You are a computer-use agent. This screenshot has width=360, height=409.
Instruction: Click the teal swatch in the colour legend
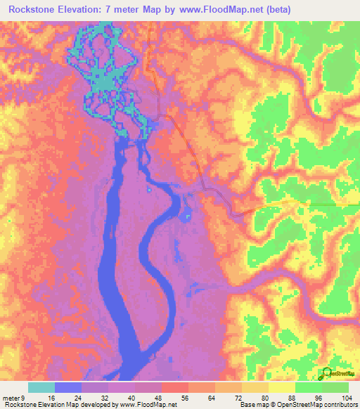(41, 387)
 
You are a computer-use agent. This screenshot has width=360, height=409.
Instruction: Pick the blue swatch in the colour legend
(68, 387)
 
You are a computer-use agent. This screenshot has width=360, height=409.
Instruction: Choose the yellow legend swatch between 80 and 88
(282, 387)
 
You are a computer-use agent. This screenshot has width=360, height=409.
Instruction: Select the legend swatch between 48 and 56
(175, 387)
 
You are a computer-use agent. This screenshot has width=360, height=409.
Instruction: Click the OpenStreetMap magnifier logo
(327, 373)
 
